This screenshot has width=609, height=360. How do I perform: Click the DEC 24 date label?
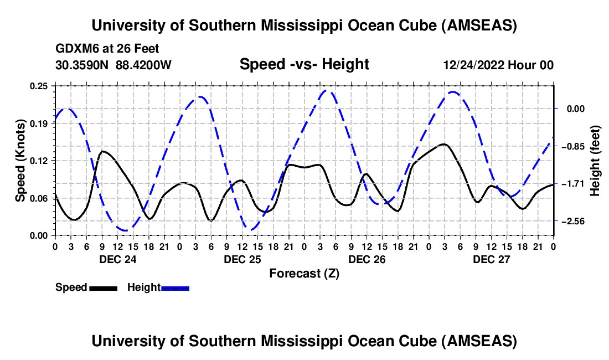point(117,259)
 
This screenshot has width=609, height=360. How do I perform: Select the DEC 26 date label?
point(367,259)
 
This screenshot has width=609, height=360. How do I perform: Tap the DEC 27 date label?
point(491,259)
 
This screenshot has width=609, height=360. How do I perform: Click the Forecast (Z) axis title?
point(304,273)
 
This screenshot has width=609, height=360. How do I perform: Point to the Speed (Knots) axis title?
point(20,161)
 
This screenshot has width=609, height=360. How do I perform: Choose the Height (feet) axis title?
point(595,161)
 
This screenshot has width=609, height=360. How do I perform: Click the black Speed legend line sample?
point(103,287)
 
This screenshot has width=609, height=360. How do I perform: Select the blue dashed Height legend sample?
point(176,287)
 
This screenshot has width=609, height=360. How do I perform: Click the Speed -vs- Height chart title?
point(304,64)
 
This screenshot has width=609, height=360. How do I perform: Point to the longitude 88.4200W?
point(143,65)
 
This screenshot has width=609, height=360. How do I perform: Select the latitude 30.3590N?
point(82,65)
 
